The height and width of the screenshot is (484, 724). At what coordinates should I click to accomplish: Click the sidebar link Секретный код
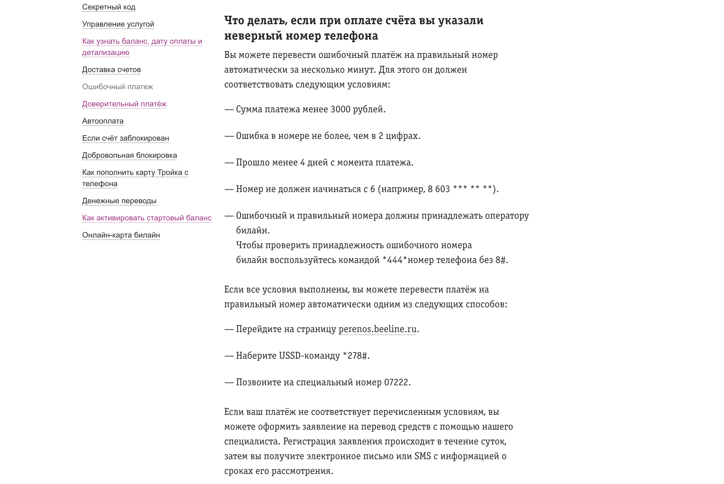point(109,7)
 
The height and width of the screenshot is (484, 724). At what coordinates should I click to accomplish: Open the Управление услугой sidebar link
point(118,24)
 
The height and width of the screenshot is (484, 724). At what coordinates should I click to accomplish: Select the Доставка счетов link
point(111,70)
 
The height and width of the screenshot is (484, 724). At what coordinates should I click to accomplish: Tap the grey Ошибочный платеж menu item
point(117,87)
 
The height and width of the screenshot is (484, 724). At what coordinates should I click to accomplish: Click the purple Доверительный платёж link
point(124,104)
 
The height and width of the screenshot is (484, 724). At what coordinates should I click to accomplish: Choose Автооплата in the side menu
point(103,121)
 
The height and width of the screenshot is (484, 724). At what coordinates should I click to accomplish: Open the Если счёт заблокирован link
point(125,138)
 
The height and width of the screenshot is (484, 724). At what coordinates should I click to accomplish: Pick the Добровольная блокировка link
point(130,155)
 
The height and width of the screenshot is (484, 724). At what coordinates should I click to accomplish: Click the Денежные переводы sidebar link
point(119,201)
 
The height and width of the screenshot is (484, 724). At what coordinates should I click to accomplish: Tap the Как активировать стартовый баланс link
point(147,218)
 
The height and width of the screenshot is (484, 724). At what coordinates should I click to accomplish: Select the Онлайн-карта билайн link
point(121,235)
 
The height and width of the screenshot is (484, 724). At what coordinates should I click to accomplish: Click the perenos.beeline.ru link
point(377,329)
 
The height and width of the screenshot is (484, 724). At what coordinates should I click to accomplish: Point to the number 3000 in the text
point(340,110)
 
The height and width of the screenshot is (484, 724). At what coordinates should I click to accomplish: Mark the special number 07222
point(396,382)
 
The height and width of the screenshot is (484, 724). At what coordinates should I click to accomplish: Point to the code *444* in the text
point(395,260)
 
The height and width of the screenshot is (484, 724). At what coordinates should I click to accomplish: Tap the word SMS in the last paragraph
point(422,456)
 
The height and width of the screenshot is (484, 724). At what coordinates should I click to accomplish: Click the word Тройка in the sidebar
point(169,173)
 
